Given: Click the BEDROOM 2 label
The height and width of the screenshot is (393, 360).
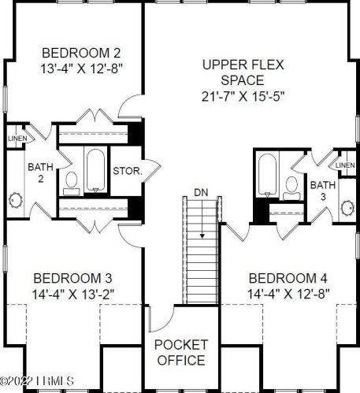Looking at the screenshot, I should point(81,53).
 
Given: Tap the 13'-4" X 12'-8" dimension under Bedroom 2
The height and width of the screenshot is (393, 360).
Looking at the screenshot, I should point(81,69).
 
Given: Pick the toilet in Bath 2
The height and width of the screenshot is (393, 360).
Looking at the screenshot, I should point(72,182).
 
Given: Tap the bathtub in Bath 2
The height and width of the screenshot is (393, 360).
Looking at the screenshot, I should point(95,169).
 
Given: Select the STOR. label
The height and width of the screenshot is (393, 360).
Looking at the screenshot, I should point(127,169).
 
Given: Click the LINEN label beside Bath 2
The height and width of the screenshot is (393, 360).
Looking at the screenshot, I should point(17,139).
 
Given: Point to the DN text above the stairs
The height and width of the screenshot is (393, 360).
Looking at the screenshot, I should point(201,192).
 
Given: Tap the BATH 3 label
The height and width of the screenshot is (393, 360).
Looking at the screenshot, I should point(321,191).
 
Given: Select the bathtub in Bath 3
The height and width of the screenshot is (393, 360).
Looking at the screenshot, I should point(266,173).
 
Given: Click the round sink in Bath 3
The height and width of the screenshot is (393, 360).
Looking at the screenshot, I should point(345,209).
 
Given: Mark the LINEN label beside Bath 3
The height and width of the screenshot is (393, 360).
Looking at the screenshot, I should point(344,165).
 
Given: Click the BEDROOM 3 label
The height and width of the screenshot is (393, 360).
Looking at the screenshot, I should point(72,278).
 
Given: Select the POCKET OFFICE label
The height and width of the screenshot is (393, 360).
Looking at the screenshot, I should point(180,353).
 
